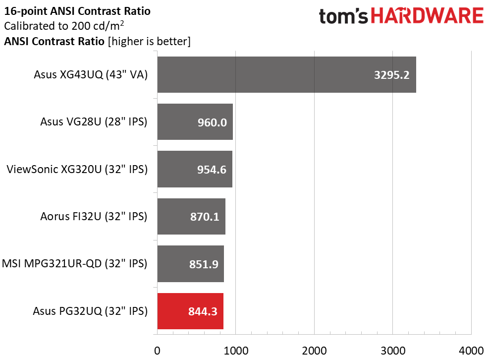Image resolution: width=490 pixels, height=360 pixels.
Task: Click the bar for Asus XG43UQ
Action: click(x=286, y=74)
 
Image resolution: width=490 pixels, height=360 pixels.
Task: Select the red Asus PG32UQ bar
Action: click(x=190, y=311)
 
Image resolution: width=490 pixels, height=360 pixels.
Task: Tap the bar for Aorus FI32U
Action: click(x=191, y=216)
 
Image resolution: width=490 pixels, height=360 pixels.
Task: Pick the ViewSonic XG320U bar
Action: click(x=195, y=169)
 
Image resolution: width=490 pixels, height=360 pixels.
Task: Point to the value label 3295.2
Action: click(x=391, y=75)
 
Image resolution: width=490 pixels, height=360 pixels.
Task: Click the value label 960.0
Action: click(x=212, y=122)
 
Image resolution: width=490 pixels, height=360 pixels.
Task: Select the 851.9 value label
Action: click(x=204, y=264)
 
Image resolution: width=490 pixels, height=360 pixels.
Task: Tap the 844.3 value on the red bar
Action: click(x=203, y=311)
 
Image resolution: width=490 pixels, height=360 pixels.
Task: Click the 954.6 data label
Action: click(x=212, y=170)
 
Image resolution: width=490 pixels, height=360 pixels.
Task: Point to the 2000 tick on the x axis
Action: click(x=315, y=351)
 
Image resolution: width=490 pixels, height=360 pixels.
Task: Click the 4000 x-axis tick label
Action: click(x=471, y=351)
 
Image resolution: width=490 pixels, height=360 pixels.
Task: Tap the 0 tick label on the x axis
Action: click(x=157, y=351)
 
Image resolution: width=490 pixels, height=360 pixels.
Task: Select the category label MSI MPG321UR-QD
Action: click(x=74, y=264)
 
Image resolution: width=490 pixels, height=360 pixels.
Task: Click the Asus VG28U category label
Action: click(x=94, y=121)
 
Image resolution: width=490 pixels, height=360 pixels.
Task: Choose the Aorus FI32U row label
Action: click(x=94, y=216)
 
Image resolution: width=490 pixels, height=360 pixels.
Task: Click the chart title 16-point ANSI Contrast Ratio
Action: click(x=77, y=11)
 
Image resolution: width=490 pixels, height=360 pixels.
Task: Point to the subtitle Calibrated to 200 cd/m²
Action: click(x=64, y=26)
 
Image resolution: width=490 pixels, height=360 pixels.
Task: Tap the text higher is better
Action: click(x=149, y=41)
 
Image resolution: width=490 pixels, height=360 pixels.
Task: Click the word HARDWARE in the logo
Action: click(x=427, y=16)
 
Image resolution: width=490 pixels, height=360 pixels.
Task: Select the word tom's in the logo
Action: click(x=343, y=16)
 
